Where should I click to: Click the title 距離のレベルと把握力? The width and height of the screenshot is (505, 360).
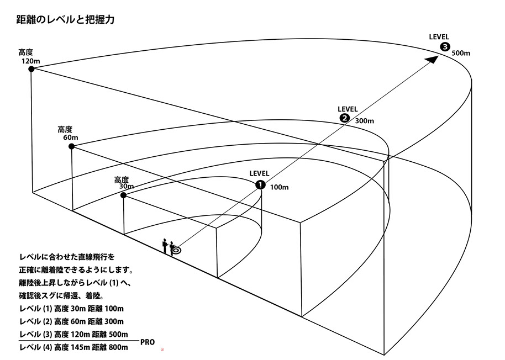pos(65,20)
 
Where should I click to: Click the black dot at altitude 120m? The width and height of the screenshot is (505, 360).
pos(31,69)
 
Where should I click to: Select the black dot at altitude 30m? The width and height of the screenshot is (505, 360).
pos(123,195)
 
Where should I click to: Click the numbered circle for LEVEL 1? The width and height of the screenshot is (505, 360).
pos(260,185)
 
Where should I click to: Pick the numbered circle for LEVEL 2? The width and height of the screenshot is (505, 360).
pos(344,118)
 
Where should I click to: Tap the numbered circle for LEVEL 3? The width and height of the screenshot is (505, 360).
pos(445,47)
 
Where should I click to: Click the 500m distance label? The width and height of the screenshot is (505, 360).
pos(461,54)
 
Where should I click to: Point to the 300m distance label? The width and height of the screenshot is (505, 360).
pos(364,121)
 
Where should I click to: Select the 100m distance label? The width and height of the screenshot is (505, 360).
pos(279,187)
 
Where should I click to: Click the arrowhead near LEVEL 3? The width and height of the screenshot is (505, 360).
pos(434,58)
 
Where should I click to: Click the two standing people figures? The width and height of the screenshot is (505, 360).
pos(168,246)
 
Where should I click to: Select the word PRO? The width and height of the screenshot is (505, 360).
pos(148,342)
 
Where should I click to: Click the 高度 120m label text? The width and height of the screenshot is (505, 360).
pos(29,57)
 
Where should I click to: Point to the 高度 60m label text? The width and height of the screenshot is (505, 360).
pos(69,133)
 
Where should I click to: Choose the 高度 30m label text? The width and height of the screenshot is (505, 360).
pos(122,183)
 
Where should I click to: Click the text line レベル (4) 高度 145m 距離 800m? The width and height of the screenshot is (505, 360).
pos(73,347)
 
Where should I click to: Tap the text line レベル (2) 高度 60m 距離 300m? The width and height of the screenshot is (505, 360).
pos(71,321)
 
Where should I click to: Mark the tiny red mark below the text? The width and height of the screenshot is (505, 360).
pos(161,350)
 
